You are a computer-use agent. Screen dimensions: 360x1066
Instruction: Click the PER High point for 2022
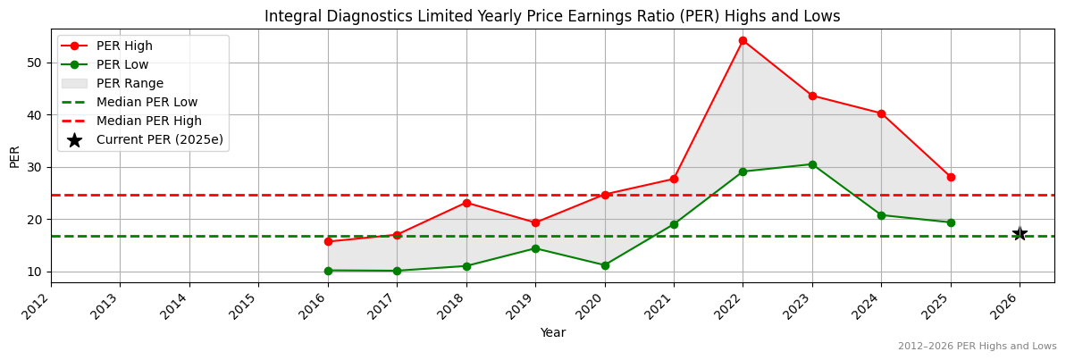pos(743,40)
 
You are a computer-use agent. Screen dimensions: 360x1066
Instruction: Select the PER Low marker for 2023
pos(812,164)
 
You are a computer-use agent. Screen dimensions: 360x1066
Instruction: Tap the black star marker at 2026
pos(1020,234)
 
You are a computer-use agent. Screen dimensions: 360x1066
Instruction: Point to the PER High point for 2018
pos(466,203)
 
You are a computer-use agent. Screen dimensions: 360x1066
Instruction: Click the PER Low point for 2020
pos(605,265)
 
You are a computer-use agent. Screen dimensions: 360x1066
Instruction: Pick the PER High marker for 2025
pos(951,177)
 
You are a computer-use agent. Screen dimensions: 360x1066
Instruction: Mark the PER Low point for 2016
pos(328,271)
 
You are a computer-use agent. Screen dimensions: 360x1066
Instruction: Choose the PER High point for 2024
pos(881,113)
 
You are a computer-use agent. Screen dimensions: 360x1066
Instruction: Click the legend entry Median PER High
pos(148,121)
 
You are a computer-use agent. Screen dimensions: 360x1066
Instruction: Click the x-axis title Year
pos(552,332)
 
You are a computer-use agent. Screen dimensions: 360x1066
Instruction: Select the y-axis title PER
pos(14,155)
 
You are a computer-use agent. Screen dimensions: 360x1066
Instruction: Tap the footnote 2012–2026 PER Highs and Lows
pos(977,347)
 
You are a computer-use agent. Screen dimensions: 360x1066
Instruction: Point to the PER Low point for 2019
pos(535,248)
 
